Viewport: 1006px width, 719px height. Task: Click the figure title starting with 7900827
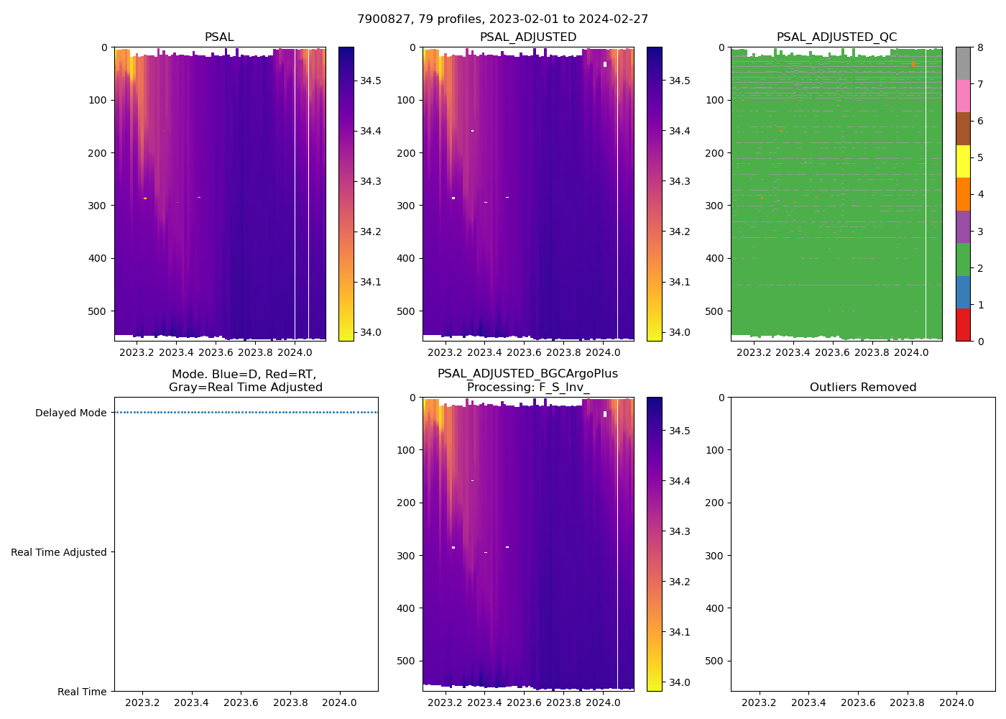(502, 19)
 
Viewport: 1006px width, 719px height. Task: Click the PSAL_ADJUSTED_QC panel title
(836, 37)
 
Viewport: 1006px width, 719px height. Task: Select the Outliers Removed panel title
(862, 388)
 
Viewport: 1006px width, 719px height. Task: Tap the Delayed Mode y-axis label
(70, 413)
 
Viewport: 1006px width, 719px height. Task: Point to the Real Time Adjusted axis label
(59, 552)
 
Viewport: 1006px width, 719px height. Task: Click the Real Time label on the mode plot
(82, 692)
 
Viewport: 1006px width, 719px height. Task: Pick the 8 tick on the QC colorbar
(979, 47)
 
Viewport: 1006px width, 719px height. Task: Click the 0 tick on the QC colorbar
(979, 342)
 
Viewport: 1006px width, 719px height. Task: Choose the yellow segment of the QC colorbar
(963, 162)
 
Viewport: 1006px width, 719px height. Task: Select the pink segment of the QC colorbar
(963, 96)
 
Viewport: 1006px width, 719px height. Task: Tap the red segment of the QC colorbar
(963, 325)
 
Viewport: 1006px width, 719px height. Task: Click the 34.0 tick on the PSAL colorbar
(371, 332)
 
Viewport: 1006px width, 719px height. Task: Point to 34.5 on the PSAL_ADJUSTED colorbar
(680, 81)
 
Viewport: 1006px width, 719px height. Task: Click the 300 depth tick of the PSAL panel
(98, 206)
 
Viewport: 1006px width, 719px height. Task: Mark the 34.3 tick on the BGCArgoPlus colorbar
(680, 531)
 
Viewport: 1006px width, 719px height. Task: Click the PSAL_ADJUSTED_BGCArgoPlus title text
(527, 374)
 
